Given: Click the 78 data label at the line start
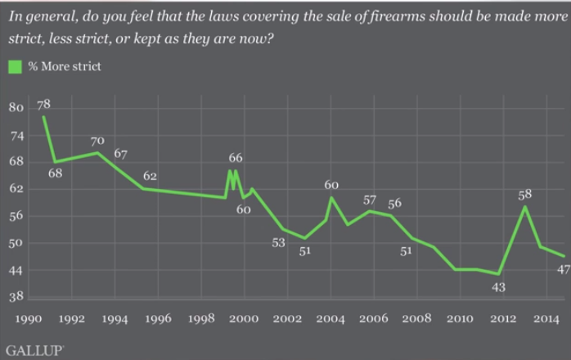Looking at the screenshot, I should point(43,105).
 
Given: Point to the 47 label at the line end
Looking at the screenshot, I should point(563,269).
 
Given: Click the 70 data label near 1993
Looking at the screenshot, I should point(97,141).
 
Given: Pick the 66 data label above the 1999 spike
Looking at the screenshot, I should point(236,158).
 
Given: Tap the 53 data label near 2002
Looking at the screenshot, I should point(280,242).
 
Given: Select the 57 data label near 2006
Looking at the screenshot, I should point(370,200).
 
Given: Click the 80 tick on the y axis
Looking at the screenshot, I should point(16,108).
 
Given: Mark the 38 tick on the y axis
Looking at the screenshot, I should point(16,297).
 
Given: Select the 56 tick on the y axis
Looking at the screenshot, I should point(16,216).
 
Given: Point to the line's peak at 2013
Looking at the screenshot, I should point(524,207).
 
